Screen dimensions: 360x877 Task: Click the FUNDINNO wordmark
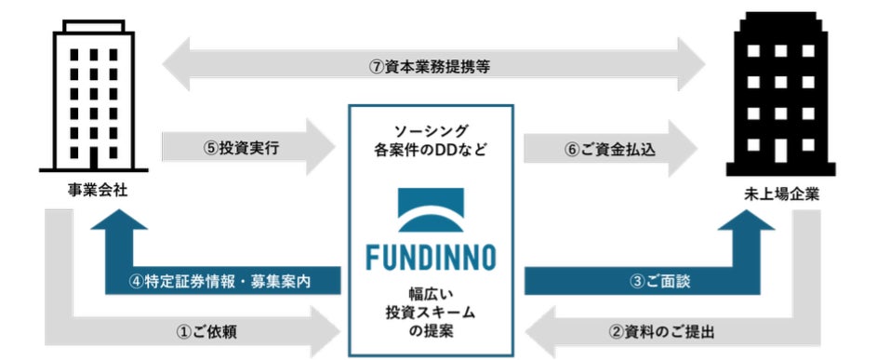(431, 255)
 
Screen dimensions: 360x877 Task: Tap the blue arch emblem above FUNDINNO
(431, 209)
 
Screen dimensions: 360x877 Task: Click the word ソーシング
(431, 131)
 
